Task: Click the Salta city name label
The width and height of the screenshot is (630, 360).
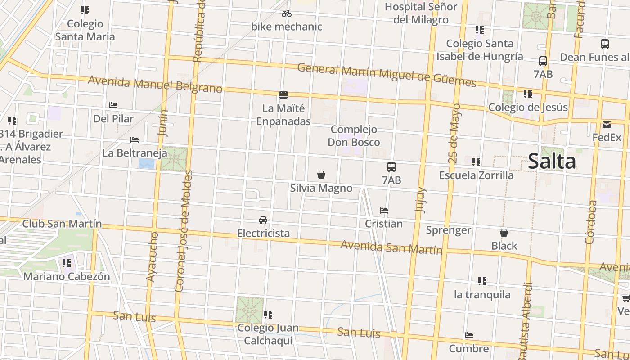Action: point(552,161)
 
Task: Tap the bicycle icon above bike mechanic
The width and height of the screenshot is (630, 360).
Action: point(287,14)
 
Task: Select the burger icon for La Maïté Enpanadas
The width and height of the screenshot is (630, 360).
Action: point(283,95)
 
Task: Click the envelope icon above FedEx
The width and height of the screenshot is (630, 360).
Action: point(607,125)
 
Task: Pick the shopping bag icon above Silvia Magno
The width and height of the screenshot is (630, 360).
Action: point(321,175)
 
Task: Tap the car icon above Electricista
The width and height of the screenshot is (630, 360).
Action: point(263,220)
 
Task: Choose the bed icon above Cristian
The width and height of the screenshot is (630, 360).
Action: point(384,211)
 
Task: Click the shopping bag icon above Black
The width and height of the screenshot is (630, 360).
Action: point(504,233)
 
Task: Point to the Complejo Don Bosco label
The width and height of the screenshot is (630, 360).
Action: point(354,136)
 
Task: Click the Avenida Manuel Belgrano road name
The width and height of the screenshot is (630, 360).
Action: point(155,84)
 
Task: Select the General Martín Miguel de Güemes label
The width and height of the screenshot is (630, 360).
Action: point(387,75)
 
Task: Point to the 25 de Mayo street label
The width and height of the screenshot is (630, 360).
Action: point(454,134)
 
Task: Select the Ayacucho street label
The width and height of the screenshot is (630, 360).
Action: point(153,257)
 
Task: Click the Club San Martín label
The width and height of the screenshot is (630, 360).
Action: point(62,224)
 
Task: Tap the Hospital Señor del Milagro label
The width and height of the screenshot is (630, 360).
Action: point(421,13)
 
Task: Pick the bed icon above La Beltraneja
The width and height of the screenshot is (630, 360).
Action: point(135,140)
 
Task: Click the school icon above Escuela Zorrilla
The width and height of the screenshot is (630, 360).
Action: point(476,162)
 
